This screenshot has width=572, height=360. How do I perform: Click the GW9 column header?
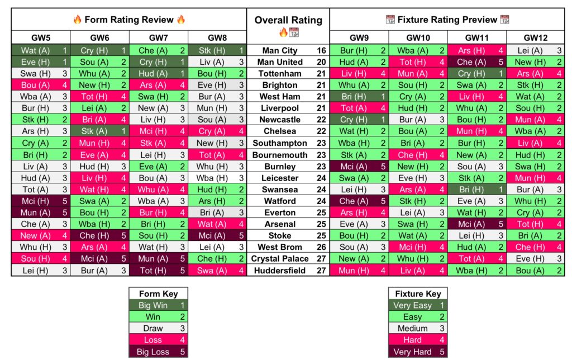point(359,38)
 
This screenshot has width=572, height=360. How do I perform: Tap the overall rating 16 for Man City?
point(321,50)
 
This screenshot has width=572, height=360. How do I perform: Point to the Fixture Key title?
point(418,293)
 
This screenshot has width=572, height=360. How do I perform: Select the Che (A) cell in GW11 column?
point(472,62)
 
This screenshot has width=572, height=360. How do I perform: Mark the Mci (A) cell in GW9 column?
point(354,167)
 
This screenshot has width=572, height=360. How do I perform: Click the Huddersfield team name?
point(280,271)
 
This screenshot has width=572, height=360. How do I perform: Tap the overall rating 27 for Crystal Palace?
point(321,259)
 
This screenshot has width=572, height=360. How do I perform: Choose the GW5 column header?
point(40,38)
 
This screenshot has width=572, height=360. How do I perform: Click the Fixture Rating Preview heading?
point(447,20)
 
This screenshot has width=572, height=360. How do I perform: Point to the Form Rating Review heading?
point(129,20)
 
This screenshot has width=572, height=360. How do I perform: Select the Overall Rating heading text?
point(288,20)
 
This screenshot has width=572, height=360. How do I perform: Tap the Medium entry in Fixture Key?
point(412,329)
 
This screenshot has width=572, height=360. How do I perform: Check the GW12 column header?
point(536,38)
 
